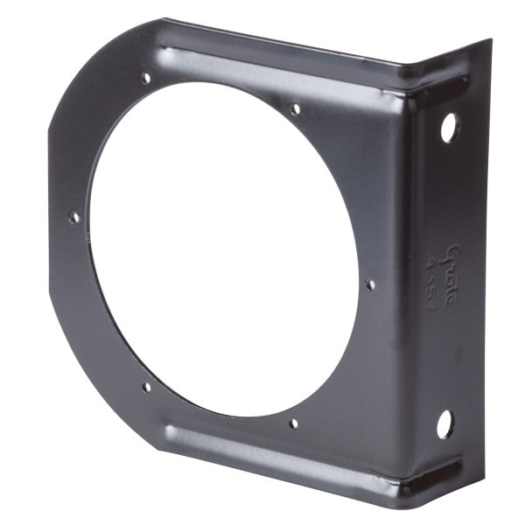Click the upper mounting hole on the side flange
pos(449,128)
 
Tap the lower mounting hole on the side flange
pos(445,424)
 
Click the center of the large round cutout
pos(223,249)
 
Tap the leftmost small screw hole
pos(74,217)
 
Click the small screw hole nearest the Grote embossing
pos(370,284)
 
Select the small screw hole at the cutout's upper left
pos(146,79)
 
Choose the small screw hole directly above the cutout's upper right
pos(296,108)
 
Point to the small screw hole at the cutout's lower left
pos(146,387)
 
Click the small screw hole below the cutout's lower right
pos(293,423)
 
